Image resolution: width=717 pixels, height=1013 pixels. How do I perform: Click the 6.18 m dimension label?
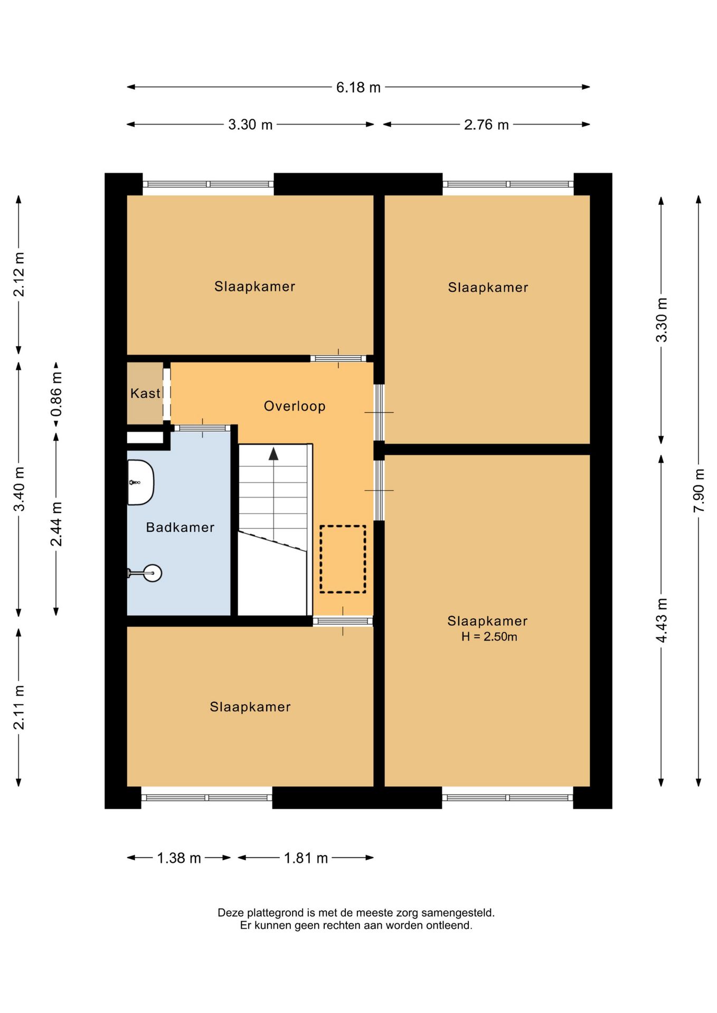(358, 87)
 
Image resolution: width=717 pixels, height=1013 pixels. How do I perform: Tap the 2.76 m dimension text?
(486, 125)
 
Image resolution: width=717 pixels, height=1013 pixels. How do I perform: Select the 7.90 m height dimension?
(699, 490)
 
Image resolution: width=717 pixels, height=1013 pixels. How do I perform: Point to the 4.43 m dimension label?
(662, 620)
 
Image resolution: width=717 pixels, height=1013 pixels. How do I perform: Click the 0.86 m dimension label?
(56, 394)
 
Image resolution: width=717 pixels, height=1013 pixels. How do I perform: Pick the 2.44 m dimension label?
(56, 524)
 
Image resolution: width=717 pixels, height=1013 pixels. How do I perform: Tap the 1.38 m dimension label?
(179, 858)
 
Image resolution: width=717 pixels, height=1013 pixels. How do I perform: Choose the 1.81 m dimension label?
(306, 858)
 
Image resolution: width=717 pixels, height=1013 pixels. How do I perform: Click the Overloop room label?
(295, 406)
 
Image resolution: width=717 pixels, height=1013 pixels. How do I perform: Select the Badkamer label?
(180, 528)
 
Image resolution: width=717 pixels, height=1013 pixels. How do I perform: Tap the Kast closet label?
(145, 394)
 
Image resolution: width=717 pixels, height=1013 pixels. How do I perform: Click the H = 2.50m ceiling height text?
(489, 637)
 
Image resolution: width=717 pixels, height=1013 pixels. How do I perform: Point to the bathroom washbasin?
(140, 482)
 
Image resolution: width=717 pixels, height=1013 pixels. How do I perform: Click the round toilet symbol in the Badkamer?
(152, 573)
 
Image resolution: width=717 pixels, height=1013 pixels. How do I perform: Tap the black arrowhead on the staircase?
(273, 454)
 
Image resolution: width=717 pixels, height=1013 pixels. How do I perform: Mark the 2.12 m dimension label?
(19, 274)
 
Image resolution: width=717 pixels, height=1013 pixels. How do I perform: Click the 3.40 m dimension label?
(19, 489)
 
